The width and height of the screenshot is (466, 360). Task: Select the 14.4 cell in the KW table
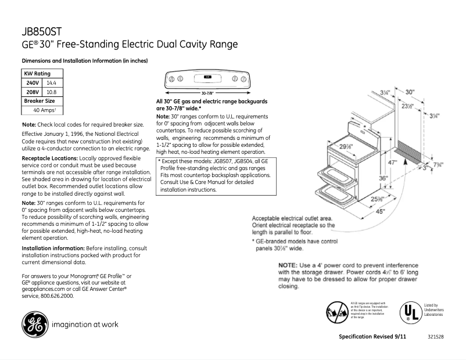point(51,83)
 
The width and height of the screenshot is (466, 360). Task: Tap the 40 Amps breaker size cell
point(44,110)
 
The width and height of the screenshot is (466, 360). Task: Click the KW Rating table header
point(37,74)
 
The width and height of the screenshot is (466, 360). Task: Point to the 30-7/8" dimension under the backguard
point(207,93)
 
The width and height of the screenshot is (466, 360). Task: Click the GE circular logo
point(35,325)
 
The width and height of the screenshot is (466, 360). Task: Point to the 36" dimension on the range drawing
point(382,179)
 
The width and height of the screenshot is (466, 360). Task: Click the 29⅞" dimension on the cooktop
point(347,146)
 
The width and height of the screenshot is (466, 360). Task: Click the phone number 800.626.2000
point(57,296)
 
